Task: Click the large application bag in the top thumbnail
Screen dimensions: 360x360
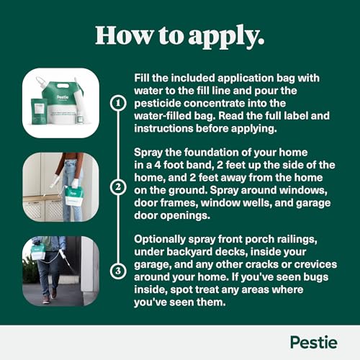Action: point(67,101)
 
